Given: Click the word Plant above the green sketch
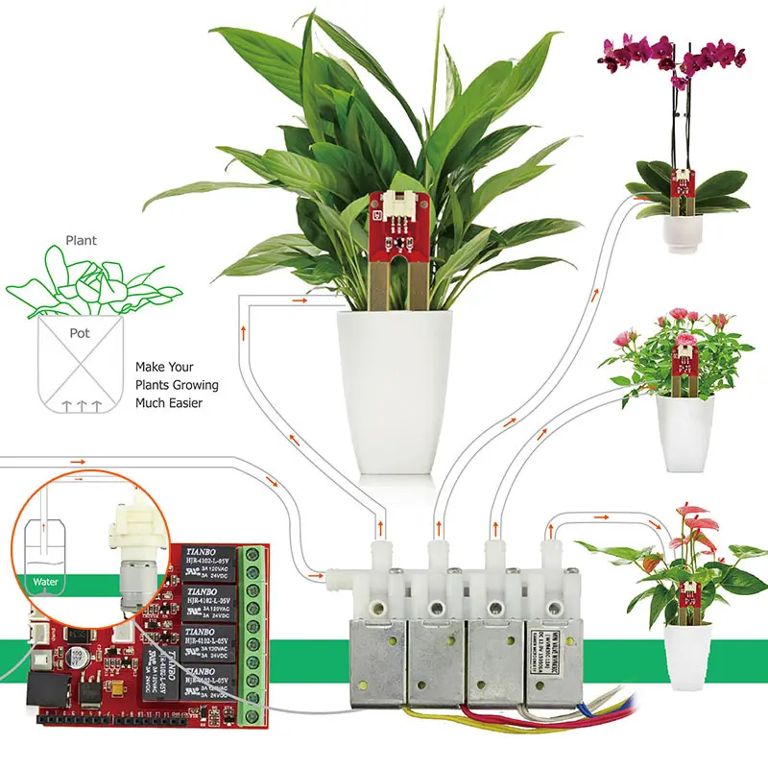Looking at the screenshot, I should tap(82, 241).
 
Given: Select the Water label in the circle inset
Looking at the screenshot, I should tap(45, 581).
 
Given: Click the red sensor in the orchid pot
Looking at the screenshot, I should tap(683, 182).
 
